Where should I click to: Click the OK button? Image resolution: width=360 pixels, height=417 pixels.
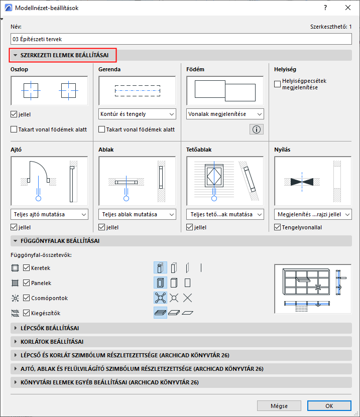(x=329, y=405)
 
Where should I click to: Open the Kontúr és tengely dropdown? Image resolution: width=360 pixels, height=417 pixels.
(x=137, y=114)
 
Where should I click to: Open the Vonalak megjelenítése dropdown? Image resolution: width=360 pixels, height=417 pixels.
(x=225, y=114)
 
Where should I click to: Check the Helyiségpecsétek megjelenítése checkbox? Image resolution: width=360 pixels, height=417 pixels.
(x=278, y=84)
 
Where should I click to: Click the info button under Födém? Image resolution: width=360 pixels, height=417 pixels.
(x=256, y=129)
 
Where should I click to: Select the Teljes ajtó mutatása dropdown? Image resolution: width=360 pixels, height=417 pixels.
(x=49, y=214)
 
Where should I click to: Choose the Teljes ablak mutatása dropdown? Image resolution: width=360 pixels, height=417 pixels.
(x=137, y=214)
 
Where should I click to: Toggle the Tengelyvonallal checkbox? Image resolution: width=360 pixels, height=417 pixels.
(x=278, y=227)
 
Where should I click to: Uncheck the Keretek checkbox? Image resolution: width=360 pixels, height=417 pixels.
(x=27, y=268)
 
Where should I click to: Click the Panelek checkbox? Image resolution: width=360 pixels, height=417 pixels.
(x=27, y=283)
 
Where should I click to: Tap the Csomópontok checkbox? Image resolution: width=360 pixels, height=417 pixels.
(x=27, y=298)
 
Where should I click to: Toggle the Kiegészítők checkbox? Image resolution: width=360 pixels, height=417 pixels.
(x=27, y=313)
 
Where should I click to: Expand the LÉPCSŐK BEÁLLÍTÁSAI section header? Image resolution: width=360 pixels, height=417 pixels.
(x=50, y=328)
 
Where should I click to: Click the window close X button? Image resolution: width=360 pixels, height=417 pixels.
(x=347, y=8)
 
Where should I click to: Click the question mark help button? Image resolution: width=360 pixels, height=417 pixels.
(x=325, y=8)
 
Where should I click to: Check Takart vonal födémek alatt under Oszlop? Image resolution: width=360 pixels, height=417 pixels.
(x=14, y=129)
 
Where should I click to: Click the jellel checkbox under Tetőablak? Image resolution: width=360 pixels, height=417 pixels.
(x=190, y=227)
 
